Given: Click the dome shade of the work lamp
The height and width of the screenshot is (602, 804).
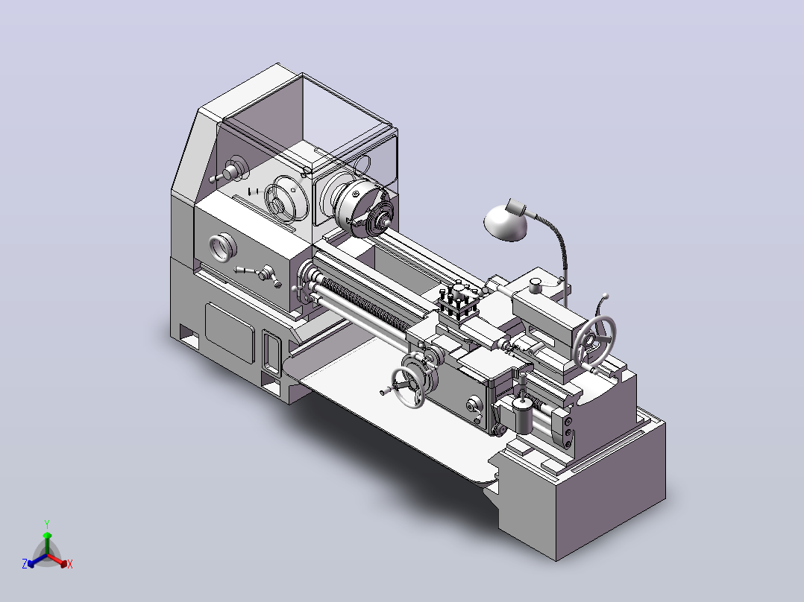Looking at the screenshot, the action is point(505,222).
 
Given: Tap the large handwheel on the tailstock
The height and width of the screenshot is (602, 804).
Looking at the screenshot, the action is point(595,339).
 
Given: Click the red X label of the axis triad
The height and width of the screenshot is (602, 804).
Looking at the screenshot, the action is point(70,564).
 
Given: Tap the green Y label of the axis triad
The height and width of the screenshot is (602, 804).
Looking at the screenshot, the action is point(47,525).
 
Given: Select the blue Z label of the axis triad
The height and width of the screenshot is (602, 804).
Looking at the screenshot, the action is point(24,564).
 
